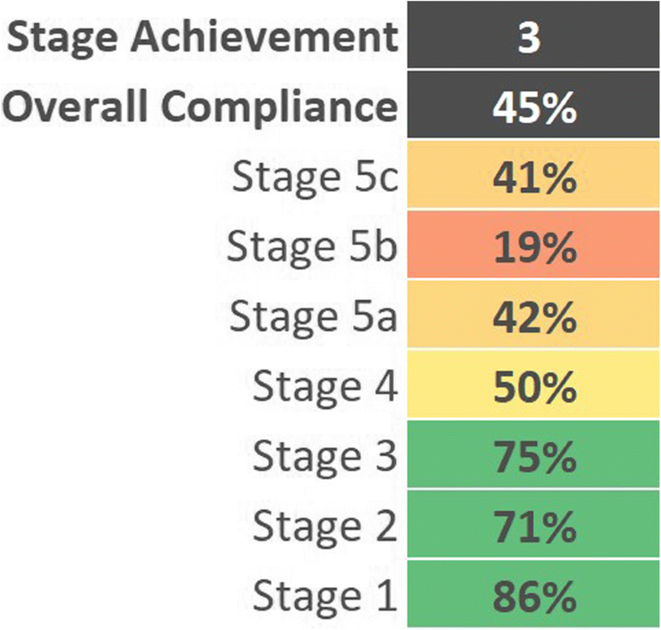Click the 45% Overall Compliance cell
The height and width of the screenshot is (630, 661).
point(531,109)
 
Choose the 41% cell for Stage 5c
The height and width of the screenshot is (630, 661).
point(531,179)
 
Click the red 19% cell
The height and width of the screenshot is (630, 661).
point(531,248)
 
